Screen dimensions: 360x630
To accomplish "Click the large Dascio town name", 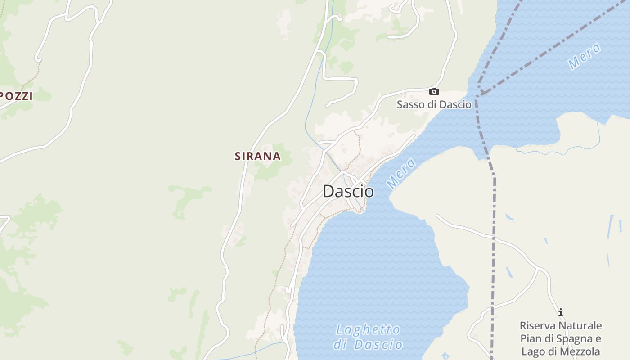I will click(x=348, y=191).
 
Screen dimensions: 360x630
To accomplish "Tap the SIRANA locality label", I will click(x=257, y=156).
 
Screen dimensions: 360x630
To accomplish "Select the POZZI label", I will click(x=17, y=96).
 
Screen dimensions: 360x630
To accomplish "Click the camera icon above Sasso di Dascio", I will click(x=434, y=91).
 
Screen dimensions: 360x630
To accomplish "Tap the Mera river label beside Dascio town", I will click(x=400, y=173).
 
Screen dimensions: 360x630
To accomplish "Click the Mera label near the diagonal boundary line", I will click(x=584, y=56).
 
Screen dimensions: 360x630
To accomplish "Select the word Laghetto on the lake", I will click(x=368, y=329).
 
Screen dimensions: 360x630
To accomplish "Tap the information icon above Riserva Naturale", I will click(x=561, y=312).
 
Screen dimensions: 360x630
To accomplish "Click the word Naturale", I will click(x=580, y=325).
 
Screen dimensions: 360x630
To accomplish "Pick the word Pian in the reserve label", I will click(x=530, y=338).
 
